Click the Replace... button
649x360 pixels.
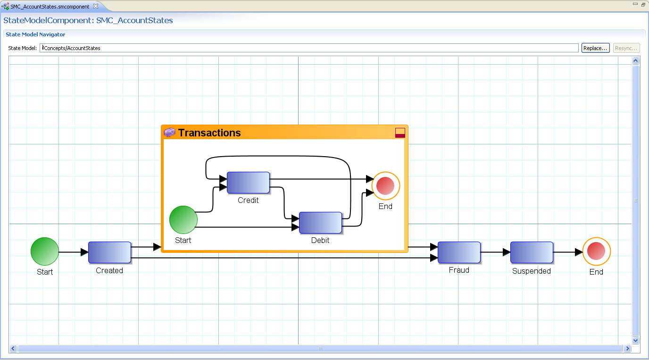tap(595, 48)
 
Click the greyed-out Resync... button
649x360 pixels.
tap(626, 48)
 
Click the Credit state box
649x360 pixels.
tap(248, 183)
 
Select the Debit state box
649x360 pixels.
tap(320, 223)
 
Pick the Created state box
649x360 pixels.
tap(109, 252)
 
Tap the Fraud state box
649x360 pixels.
tap(459, 252)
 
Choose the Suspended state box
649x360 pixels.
tap(532, 252)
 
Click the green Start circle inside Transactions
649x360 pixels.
tap(183, 220)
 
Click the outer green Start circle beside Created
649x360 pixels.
tap(45, 252)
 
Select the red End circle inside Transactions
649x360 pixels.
tap(385, 185)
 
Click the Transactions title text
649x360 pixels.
tap(209, 133)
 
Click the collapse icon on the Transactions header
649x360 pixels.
tap(400, 133)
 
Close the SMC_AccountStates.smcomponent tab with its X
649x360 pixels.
tap(95, 6)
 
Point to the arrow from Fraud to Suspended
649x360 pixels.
tap(495, 252)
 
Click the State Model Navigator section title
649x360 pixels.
tap(35, 34)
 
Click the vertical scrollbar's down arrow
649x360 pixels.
tap(635, 340)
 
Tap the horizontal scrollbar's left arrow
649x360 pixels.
tap(13, 349)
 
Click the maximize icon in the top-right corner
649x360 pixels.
tap(643, 4)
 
